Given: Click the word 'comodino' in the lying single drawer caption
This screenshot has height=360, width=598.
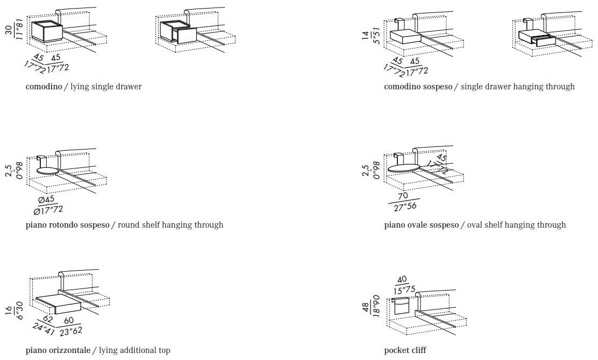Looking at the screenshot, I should pyautogui.click(x=44, y=87).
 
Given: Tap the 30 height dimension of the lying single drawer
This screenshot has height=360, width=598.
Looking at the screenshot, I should pyautogui.click(x=9, y=30).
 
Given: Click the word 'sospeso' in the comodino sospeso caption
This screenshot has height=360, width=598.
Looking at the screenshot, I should pyautogui.click(x=435, y=87).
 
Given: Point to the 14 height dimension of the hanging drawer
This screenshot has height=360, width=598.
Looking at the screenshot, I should pyautogui.click(x=366, y=36).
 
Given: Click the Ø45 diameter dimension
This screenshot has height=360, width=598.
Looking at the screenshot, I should pyautogui.click(x=47, y=199).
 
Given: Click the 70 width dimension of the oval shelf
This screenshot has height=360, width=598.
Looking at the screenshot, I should pyautogui.click(x=403, y=196).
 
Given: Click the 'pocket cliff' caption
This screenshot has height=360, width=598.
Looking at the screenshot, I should pyautogui.click(x=405, y=350).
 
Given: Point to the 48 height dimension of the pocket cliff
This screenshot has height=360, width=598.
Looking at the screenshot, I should pyautogui.click(x=366, y=308).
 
